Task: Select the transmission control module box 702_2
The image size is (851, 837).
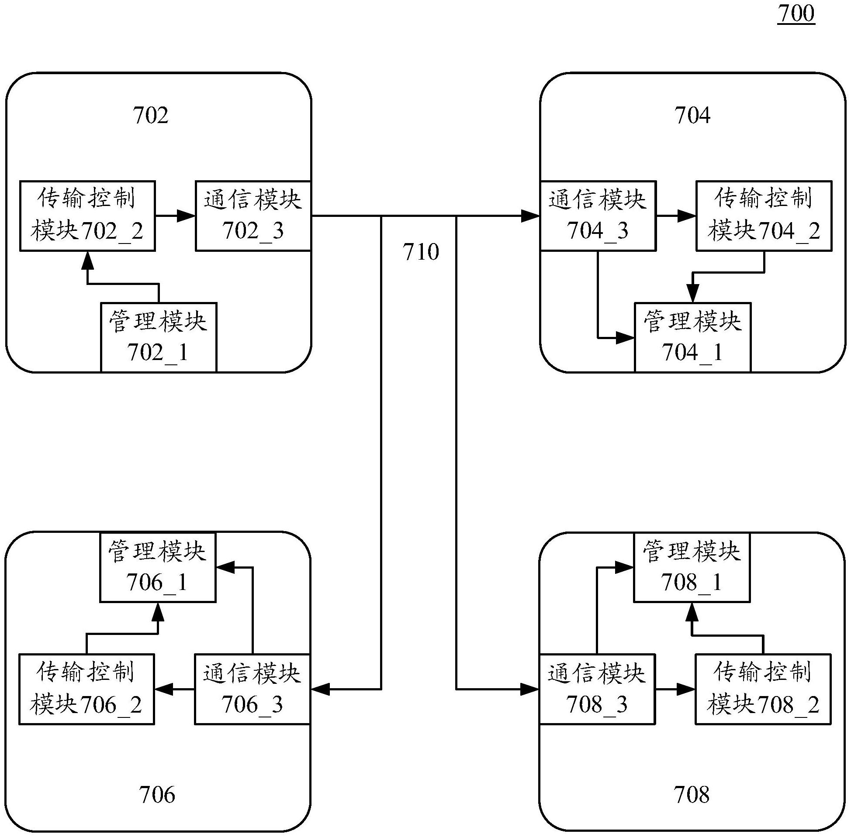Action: click(x=87, y=216)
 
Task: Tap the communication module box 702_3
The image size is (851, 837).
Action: click(x=253, y=216)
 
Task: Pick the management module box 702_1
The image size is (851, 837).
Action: click(x=159, y=337)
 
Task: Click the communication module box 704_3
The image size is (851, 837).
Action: click(x=598, y=216)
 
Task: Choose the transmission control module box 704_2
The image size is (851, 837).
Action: click(x=764, y=216)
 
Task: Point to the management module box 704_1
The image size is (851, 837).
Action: click(x=692, y=337)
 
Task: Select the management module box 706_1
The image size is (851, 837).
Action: click(x=158, y=567)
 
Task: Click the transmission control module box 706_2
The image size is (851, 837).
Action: click(x=86, y=689)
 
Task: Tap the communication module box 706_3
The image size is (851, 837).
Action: click(x=252, y=689)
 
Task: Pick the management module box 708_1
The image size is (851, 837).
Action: click(x=691, y=567)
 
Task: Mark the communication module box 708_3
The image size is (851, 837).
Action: click(x=597, y=689)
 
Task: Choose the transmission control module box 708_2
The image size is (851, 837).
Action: click(x=763, y=689)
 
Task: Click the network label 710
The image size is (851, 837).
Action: click(x=421, y=252)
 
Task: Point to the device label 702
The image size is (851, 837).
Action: click(x=150, y=116)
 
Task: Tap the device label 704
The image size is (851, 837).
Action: click(x=692, y=116)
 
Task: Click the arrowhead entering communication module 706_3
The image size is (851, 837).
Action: click(x=320, y=689)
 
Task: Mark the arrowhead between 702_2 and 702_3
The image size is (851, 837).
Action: click(x=186, y=216)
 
